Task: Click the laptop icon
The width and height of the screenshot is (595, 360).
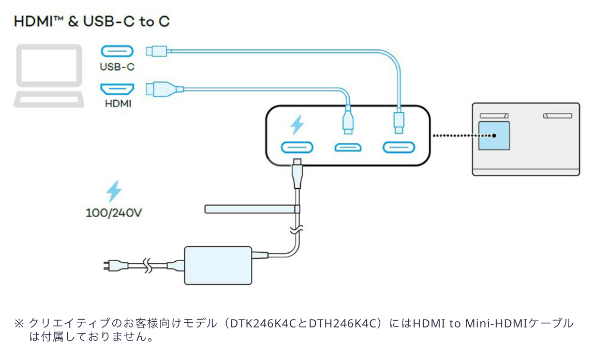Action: click(x=49, y=76)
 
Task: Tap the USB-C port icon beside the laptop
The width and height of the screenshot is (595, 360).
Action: click(x=116, y=51)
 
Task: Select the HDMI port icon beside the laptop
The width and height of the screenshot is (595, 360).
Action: click(x=116, y=88)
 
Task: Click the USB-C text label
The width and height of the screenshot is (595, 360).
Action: click(x=117, y=67)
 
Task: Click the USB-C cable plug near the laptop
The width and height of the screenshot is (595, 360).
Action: click(x=156, y=51)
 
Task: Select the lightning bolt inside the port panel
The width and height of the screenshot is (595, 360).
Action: click(x=297, y=125)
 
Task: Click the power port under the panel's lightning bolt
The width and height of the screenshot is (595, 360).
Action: click(x=297, y=147)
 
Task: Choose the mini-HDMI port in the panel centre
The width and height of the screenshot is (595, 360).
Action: click(x=348, y=148)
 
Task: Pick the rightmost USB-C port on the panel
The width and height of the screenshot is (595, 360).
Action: click(x=398, y=147)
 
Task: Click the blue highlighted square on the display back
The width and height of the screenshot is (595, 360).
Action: click(x=494, y=136)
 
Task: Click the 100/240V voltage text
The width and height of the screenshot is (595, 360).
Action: click(x=113, y=213)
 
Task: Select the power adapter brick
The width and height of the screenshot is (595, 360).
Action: click(x=218, y=265)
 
